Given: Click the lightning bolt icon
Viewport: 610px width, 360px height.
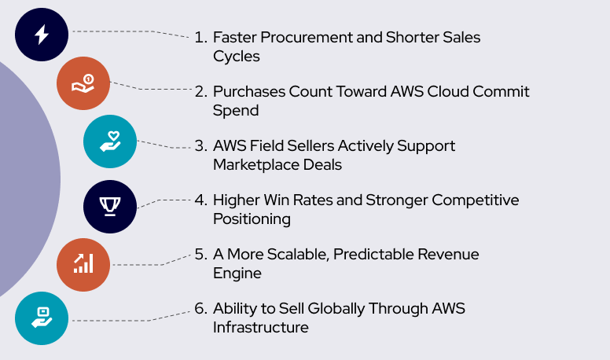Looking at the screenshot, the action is [42, 34].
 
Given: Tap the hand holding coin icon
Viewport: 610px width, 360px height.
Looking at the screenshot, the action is [83, 83].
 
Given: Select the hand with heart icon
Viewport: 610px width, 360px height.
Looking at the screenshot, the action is [110, 141].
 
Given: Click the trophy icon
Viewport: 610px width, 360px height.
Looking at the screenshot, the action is [110, 207].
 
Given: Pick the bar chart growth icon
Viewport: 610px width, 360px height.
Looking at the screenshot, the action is [83, 264].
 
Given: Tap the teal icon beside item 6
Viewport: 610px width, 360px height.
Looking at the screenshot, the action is [42, 318].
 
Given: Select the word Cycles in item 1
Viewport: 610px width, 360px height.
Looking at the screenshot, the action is [236, 56].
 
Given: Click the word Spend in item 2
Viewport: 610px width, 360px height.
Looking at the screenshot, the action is [235, 111].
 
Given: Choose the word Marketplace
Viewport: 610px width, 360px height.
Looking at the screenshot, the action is [257, 165].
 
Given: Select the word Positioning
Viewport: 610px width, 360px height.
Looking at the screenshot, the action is [252, 219].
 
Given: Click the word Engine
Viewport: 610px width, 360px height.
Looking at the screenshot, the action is [237, 274].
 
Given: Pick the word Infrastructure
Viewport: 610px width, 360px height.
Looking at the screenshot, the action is [260, 328].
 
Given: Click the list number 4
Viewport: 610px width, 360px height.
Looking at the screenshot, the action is [200, 200].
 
